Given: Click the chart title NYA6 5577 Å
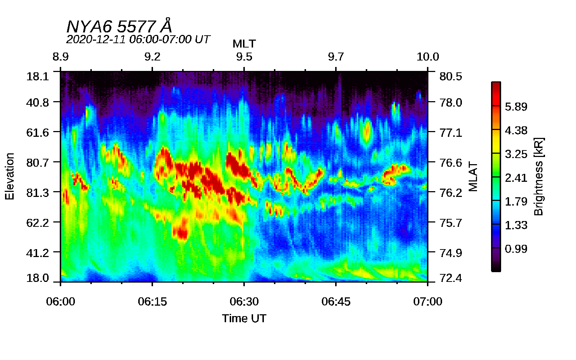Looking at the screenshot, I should (x=119, y=27).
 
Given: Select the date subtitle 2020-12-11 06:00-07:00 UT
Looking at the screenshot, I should (x=138, y=39).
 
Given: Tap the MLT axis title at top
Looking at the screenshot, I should (x=244, y=44).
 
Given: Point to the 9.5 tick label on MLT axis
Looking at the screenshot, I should (x=244, y=57).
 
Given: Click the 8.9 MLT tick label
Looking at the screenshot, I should (x=60, y=57).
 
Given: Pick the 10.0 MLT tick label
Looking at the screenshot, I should (x=428, y=57).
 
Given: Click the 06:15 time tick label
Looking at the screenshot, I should (x=152, y=302).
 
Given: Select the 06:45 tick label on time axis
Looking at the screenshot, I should (x=336, y=302).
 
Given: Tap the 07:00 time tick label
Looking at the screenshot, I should (x=428, y=302).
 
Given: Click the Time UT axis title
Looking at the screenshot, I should (x=244, y=319).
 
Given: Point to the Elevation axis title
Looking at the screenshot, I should (x=10, y=176).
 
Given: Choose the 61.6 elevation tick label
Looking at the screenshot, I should (x=37, y=132).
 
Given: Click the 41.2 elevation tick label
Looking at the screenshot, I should (x=37, y=253).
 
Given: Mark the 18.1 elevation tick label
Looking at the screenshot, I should (x=37, y=76).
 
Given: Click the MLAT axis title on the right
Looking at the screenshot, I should (x=473, y=176).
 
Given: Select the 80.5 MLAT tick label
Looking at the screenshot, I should (x=451, y=76).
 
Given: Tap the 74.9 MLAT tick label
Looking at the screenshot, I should (x=451, y=253).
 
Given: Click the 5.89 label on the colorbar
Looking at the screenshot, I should (x=516, y=107).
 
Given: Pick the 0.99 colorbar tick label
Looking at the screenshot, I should (x=516, y=249).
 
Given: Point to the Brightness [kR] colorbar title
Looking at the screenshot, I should (x=539, y=176).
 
